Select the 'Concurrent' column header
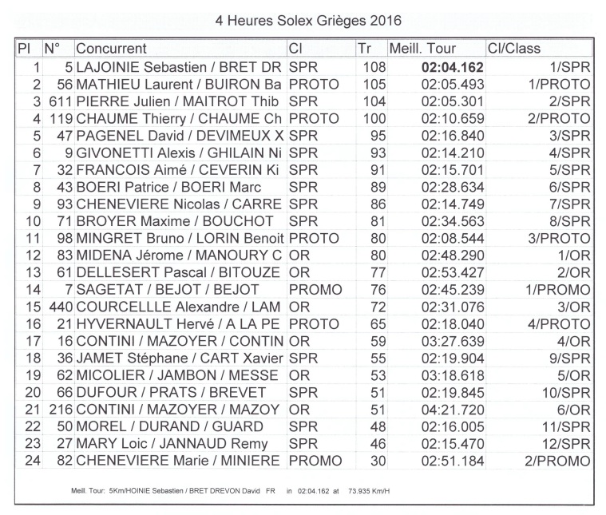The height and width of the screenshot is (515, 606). click(x=111, y=49)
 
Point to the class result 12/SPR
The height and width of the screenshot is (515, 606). click(x=566, y=445)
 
